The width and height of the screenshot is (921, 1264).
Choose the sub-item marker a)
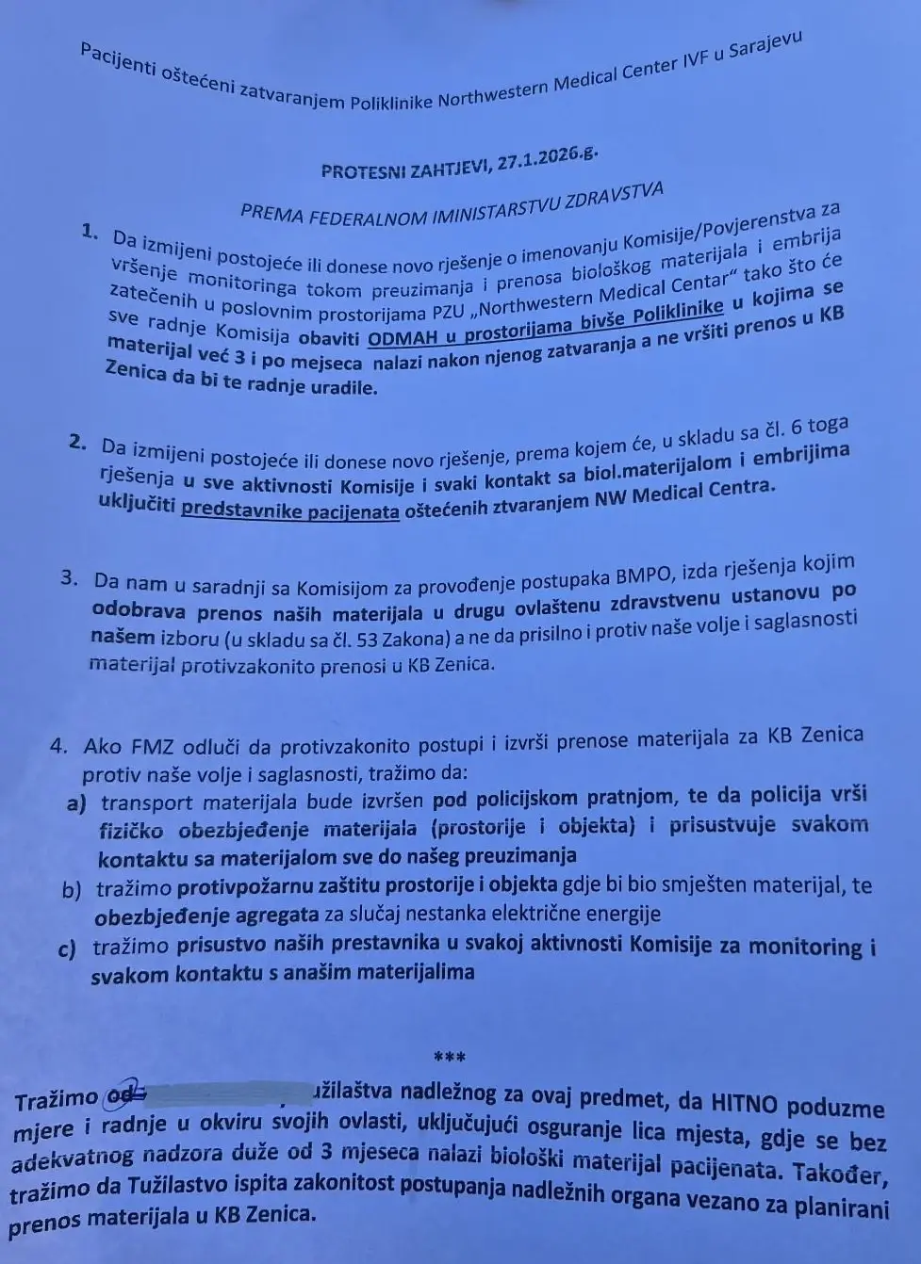76,803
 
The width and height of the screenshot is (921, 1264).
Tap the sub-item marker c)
67,951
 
